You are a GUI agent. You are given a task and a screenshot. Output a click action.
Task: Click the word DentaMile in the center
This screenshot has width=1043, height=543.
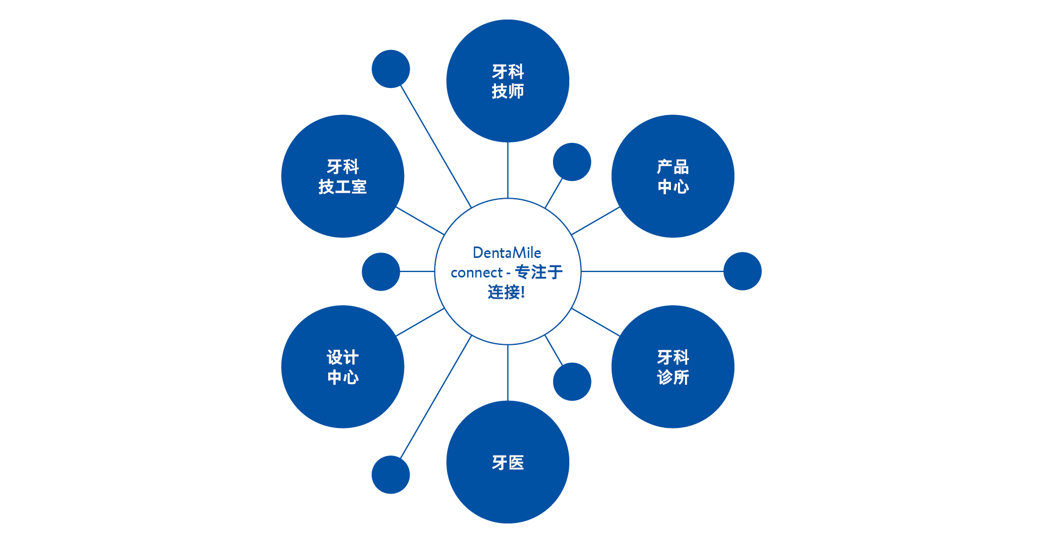(507, 252)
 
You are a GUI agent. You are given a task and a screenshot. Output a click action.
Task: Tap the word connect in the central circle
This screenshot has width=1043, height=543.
(476, 273)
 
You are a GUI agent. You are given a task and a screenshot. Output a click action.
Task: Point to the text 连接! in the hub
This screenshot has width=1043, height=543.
(506, 292)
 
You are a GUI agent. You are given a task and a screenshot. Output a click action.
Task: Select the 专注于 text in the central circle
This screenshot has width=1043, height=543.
(538, 272)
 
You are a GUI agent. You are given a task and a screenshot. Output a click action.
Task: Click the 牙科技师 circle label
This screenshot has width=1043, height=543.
(508, 81)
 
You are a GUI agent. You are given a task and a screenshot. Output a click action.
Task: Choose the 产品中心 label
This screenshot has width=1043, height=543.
(673, 176)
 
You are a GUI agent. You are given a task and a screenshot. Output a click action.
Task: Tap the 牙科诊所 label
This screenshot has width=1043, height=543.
(673, 367)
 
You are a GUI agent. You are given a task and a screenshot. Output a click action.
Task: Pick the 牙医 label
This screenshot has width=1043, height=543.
(508, 463)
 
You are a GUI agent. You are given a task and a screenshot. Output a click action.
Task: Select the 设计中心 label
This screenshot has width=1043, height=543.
(343, 367)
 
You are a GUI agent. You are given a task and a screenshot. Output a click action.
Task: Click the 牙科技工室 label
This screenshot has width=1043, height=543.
(343, 176)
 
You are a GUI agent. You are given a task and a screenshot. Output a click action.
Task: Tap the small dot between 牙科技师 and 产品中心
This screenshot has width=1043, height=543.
(572, 162)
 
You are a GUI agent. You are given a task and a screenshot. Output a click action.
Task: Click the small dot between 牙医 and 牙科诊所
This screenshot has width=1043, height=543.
(572, 382)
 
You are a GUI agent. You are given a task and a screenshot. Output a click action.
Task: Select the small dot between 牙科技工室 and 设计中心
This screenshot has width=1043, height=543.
(381, 271)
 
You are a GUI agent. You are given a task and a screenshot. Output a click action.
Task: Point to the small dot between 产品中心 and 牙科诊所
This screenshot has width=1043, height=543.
(743, 271)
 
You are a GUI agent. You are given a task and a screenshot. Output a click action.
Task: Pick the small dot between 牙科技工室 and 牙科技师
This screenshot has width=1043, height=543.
(391, 69)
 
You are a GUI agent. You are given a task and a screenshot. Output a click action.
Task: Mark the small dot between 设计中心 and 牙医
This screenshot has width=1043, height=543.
(391, 475)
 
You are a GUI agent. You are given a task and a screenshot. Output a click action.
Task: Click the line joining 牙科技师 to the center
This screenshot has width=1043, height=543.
(508, 170)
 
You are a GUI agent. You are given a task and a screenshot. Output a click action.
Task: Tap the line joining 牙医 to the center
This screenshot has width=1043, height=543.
(508, 373)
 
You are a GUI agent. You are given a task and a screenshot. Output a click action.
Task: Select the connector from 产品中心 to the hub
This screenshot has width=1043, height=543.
(596, 220)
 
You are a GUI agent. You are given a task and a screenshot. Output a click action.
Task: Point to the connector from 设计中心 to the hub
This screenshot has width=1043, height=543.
(420, 323)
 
